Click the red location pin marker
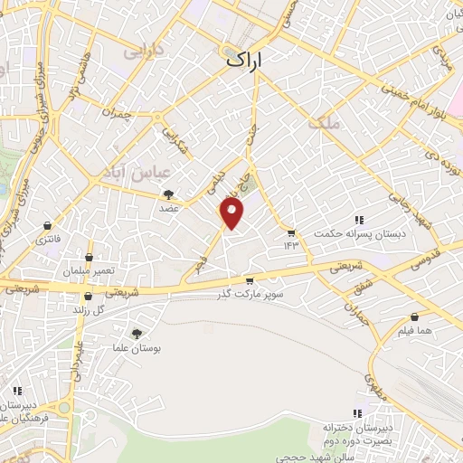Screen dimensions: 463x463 [x=232, y=213]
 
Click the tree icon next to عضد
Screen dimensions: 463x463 [x=168, y=194]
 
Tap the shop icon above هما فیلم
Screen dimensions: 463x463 [x=415, y=317]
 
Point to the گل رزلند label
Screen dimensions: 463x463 [x=87, y=310]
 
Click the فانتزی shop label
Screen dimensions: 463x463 [x=47, y=241]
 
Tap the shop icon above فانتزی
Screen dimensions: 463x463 [x=47, y=226]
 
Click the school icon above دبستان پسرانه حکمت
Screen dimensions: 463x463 [x=358, y=220]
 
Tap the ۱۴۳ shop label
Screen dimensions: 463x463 [x=290, y=245]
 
